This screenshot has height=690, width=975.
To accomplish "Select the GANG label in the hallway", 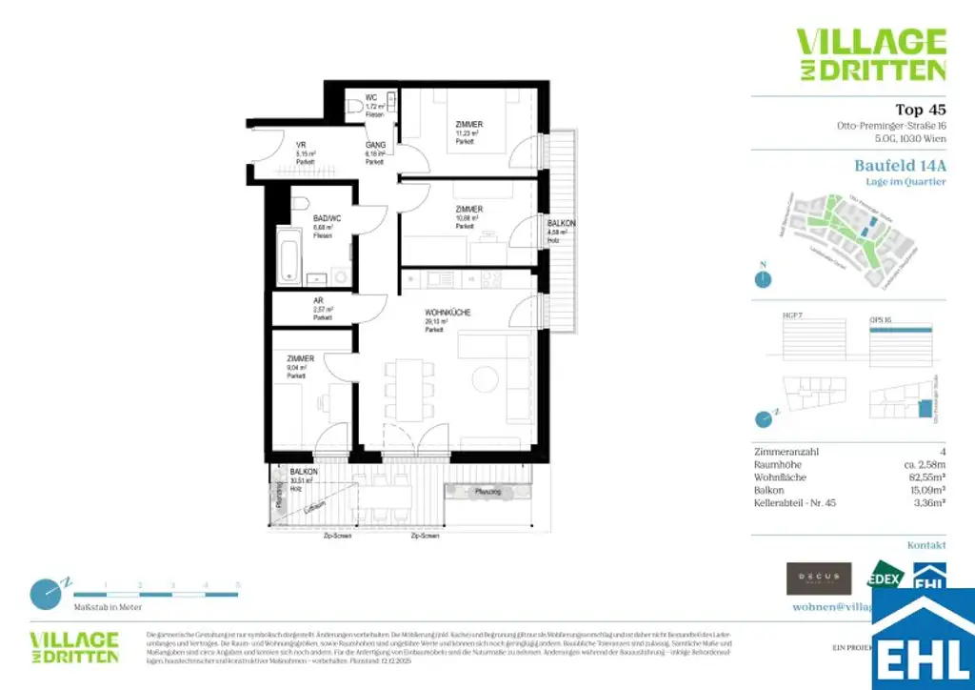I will (x=374, y=144).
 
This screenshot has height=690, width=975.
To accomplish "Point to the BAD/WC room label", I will (x=328, y=218).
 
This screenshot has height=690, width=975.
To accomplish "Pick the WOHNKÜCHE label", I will (x=448, y=313).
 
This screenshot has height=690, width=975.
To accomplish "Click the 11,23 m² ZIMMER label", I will (x=468, y=125).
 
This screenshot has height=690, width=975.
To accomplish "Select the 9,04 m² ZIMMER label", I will (x=300, y=358).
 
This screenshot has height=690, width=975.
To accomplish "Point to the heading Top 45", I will (x=920, y=109).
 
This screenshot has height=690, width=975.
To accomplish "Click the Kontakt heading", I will (x=925, y=545).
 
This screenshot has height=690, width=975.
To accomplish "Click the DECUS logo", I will (x=818, y=578).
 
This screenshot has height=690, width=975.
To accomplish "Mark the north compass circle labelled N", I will (x=762, y=279).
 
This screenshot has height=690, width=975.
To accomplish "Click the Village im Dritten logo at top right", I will (x=870, y=54).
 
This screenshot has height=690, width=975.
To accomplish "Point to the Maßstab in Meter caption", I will (x=109, y=606).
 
